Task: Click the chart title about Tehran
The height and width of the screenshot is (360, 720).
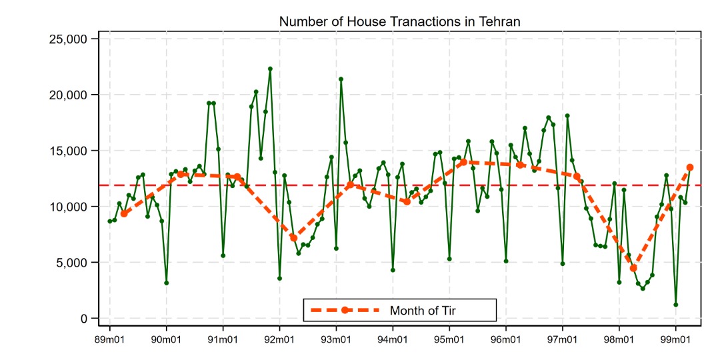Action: point(399,21)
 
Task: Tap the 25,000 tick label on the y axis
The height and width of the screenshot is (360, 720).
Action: point(69,39)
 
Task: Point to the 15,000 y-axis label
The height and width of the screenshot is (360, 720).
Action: point(69,151)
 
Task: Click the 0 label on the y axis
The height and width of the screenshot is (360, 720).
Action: point(84,319)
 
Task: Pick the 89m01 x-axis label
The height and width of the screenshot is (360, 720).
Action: point(110,341)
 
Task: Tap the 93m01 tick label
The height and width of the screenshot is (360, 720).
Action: point(336,341)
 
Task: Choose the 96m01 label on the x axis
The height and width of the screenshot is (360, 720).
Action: point(505,341)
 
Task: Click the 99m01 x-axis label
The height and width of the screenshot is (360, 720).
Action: point(675,341)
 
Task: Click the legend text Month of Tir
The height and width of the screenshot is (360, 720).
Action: point(423,310)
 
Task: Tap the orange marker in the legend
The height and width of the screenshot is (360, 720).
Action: point(345,310)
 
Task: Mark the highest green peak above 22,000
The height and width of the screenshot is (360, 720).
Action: point(270,69)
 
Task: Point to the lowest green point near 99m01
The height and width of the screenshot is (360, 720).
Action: point(676,305)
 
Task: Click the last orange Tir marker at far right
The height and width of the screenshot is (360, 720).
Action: point(690,167)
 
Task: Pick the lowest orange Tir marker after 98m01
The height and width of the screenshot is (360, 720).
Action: point(633,268)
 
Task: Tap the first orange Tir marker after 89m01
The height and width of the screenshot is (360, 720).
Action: point(124,214)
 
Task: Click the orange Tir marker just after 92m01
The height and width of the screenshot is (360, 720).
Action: point(293,237)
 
